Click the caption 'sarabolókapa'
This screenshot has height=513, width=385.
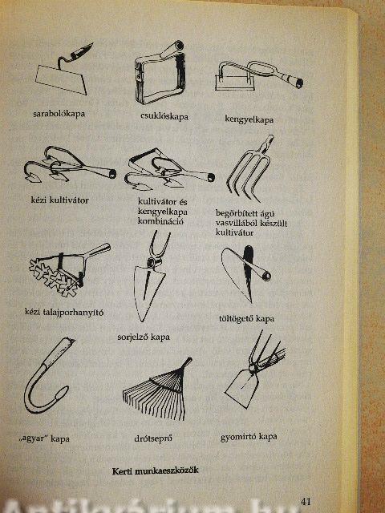pyautogui.click(x=59, y=114)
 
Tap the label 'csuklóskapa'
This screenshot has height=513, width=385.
pyautogui.click(x=164, y=116)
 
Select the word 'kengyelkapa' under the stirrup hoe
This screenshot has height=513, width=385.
pyautogui.click(x=249, y=119)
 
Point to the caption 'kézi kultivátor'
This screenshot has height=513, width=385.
pyautogui.click(x=59, y=200)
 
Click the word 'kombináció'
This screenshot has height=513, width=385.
pyautogui.click(x=160, y=221)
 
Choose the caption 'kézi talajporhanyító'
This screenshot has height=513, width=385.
pyautogui.click(x=64, y=312)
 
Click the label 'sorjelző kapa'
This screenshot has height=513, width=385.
pyautogui.click(x=144, y=337)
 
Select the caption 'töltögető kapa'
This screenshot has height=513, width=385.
pyautogui.click(x=246, y=318)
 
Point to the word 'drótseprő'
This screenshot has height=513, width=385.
pyautogui.click(x=153, y=438)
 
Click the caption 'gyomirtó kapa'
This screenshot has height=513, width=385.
pyautogui.click(x=249, y=437)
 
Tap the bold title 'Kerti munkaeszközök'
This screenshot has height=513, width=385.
pyautogui.click(x=155, y=471)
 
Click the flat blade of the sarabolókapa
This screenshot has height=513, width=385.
pyautogui.click(x=61, y=79)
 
